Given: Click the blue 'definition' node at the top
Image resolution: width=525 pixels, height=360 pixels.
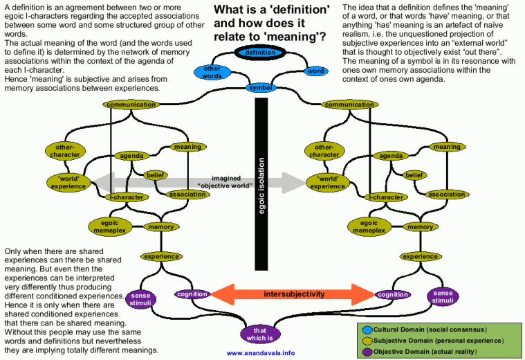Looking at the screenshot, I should (260, 53).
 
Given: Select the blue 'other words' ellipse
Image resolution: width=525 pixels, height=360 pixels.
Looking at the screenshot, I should (212, 72).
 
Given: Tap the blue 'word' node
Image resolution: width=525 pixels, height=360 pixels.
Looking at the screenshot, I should (315, 71).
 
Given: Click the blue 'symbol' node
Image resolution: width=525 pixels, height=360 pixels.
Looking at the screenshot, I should (261, 88).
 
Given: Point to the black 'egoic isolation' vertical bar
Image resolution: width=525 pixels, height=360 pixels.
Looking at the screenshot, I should (261, 183).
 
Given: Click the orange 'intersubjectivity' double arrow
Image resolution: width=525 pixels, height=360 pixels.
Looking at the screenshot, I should (293, 294).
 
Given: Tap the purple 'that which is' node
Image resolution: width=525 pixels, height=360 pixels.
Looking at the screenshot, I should (261, 333).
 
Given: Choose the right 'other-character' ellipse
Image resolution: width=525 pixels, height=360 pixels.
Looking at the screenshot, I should (324, 151).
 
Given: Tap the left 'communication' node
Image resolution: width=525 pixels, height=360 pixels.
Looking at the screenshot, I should (131, 105).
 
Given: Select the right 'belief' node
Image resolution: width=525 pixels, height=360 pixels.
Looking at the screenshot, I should (414, 175).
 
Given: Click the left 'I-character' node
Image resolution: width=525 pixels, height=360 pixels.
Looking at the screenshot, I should (128, 197).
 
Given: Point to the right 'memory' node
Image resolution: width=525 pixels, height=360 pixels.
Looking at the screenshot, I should (419, 226).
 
